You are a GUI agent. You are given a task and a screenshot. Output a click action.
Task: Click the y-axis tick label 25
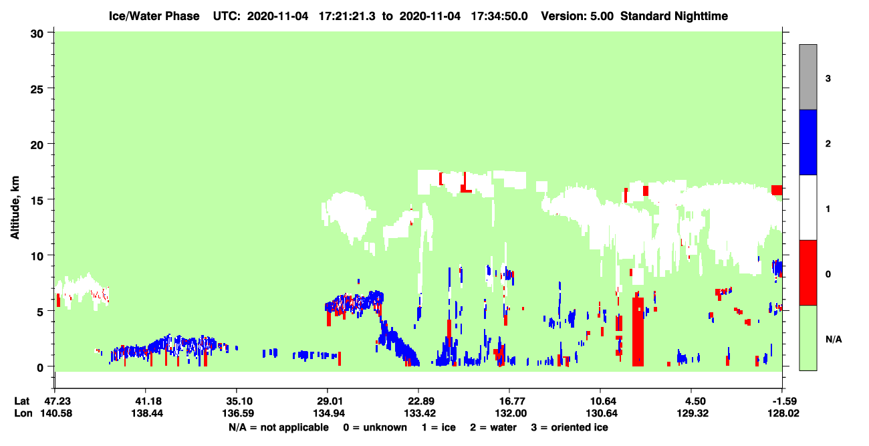point(37,90)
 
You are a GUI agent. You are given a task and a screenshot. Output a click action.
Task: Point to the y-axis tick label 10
point(37,257)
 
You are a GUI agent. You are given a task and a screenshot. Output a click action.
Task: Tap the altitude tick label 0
point(40,368)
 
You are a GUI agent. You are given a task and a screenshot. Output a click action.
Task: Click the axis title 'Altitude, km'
point(15,208)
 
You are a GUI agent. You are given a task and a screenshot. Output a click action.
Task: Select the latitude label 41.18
point(146,401)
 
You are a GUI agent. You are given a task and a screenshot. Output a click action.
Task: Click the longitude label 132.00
point(510,413)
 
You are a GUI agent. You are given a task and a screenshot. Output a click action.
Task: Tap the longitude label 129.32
point(693,413)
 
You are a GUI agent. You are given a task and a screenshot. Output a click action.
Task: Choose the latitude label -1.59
point(783,401)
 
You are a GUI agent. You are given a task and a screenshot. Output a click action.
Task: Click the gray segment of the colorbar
point(808,77)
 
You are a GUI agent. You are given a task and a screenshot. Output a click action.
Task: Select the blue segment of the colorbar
point(808,142)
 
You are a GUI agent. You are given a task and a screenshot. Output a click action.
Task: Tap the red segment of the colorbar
point(808,273)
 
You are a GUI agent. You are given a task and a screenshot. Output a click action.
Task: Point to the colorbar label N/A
point(834,340)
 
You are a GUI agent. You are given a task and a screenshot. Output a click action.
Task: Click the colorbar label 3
point(828,79)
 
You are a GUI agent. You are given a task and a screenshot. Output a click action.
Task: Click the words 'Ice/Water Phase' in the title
point(154,16)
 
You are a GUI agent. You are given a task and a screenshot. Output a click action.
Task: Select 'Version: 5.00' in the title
point(578,16)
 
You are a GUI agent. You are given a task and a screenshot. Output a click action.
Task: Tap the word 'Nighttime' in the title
point(701,16)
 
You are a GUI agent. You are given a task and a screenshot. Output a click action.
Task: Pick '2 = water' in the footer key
point(493,427)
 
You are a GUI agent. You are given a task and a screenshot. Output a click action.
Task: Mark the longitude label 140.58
point(56,413)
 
